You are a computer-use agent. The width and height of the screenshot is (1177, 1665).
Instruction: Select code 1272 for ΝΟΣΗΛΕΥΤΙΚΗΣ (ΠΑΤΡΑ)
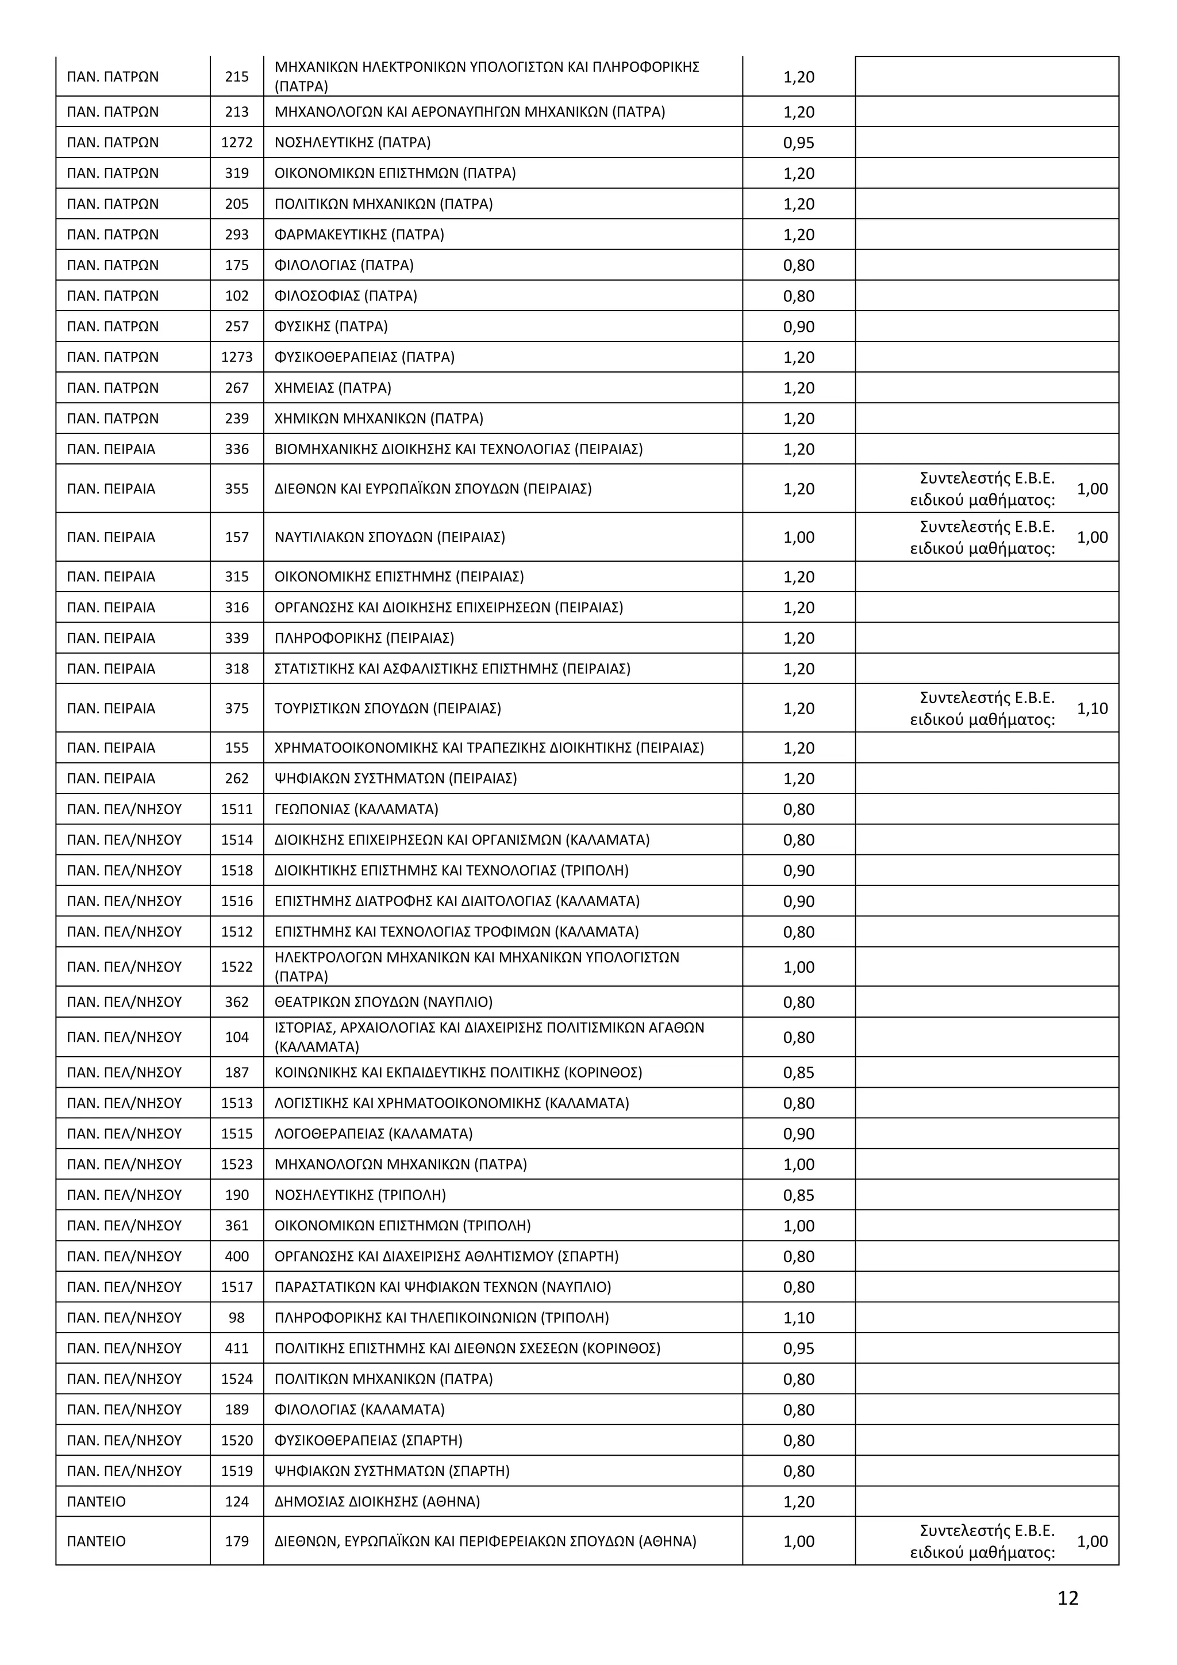coord(237,142)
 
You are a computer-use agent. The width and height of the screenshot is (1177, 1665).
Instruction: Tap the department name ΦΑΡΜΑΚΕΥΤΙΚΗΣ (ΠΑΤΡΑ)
coord(359,234)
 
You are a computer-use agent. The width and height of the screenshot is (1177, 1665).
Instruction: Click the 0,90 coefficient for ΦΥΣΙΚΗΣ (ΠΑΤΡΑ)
coord(799,327)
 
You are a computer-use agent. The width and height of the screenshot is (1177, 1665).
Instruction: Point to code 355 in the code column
coord(237,489)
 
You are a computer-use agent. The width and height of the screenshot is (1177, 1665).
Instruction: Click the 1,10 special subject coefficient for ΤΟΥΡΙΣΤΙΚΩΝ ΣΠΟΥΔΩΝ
coord(1092,708)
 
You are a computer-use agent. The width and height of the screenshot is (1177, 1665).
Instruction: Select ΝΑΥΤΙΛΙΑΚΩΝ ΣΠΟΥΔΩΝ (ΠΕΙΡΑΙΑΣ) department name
coord(390,538)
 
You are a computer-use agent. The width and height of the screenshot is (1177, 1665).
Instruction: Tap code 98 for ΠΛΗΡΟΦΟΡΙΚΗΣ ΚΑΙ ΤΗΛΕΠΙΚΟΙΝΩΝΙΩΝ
coord(237,1318)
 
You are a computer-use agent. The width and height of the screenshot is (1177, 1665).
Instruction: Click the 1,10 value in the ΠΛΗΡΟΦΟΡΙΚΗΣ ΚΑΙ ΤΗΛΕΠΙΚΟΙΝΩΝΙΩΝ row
coord(799,1318)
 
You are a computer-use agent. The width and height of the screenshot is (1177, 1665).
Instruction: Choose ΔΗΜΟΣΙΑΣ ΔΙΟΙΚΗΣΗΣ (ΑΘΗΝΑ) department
coord(378,1502)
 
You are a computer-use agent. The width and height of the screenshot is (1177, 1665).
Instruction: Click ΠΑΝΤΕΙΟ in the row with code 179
coord(97,1542)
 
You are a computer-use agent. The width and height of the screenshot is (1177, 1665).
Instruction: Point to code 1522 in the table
coord(237,966)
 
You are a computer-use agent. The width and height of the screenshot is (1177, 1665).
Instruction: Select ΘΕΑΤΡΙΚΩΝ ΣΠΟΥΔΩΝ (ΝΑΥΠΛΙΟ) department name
coord(383,1002)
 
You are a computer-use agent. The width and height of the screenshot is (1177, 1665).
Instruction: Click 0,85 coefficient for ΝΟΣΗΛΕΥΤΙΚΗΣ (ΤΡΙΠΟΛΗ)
coord(799,1195)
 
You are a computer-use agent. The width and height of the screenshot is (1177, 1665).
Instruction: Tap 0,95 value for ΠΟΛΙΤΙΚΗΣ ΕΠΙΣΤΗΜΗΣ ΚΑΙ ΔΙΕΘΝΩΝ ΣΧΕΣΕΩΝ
coord(799,1349)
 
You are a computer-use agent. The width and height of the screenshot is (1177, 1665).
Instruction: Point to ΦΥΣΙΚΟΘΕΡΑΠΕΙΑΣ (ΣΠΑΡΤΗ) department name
coord(368,1441)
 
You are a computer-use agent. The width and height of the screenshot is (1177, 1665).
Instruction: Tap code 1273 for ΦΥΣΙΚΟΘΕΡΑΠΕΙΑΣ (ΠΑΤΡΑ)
coord(237,357)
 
